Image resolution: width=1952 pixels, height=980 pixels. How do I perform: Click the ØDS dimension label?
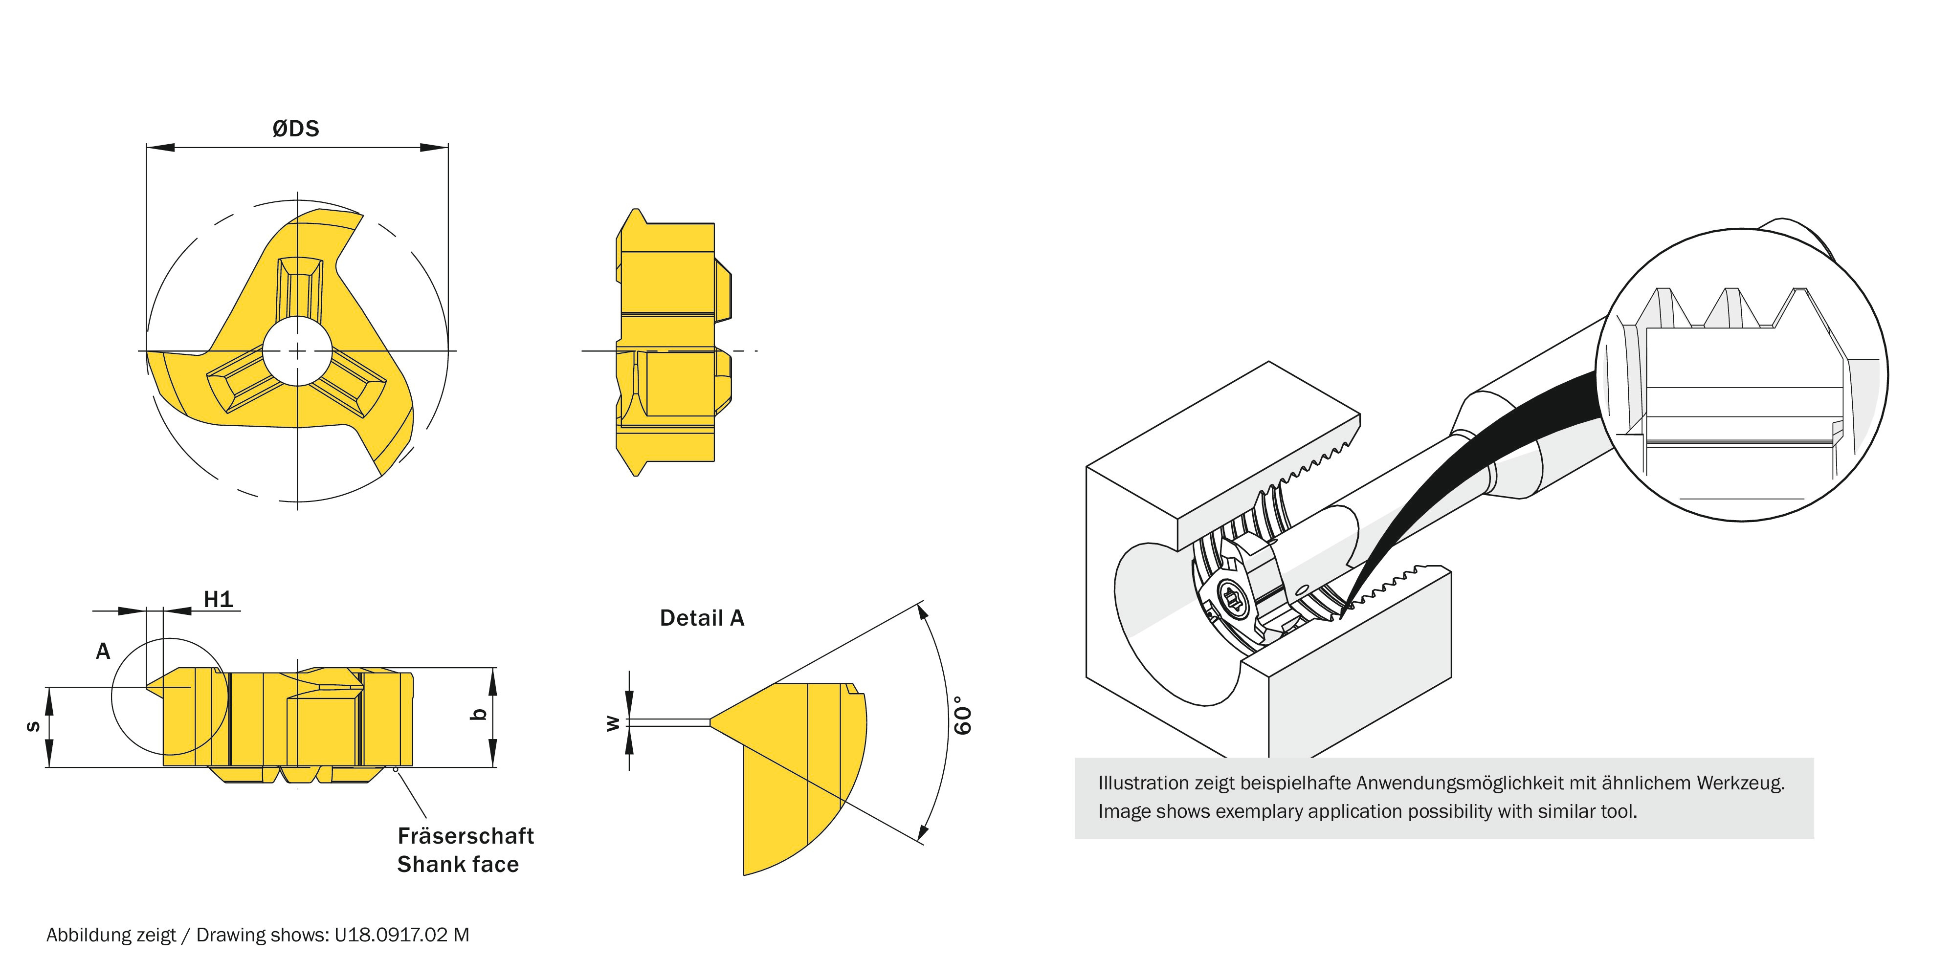tap(295, 129)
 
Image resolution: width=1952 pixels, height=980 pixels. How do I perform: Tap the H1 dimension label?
tap(218, 600)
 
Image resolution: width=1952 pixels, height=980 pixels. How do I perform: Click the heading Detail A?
tap(702, 618)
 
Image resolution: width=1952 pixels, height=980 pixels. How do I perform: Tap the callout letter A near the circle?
tap(103, 651)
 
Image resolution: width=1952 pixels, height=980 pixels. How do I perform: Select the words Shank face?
tap(458, 864)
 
